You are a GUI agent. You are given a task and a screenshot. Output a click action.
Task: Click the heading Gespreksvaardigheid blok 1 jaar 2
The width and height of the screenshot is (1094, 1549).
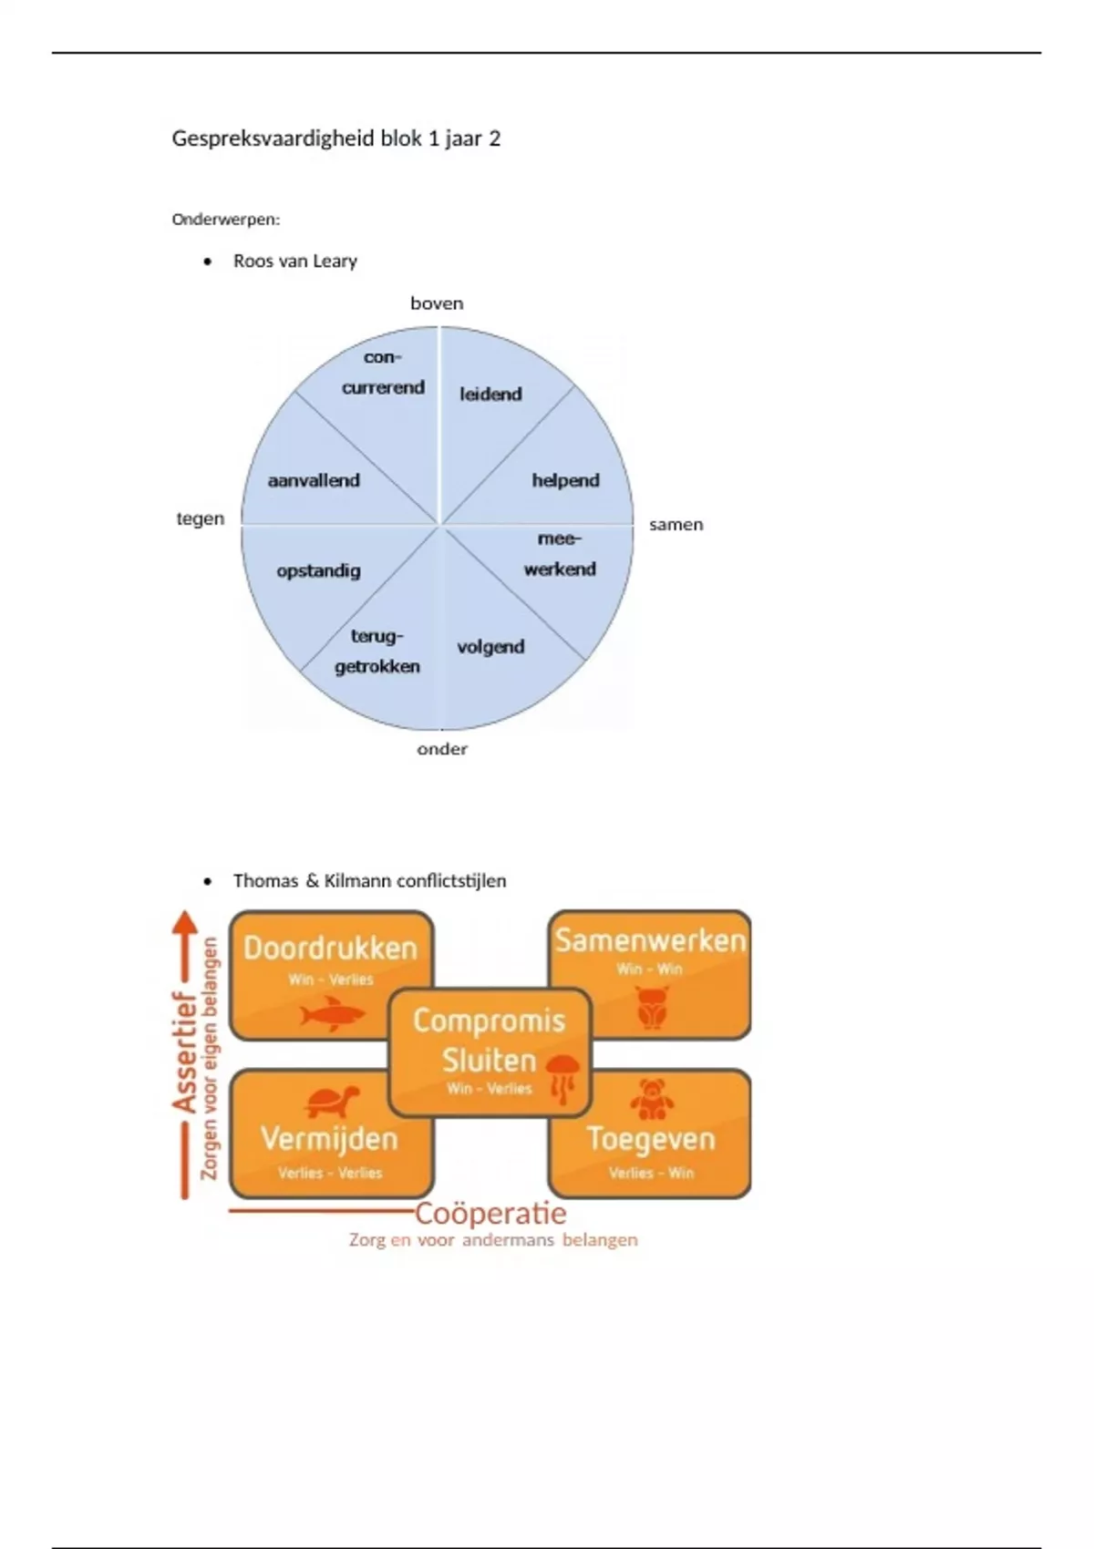[335, 138]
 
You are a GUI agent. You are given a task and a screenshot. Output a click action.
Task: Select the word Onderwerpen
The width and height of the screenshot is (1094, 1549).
[225, 220]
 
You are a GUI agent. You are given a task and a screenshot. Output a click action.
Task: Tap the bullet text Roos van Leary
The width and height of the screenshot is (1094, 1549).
[294, 262]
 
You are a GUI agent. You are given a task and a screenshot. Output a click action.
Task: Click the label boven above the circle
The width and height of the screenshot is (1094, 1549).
[437, 303]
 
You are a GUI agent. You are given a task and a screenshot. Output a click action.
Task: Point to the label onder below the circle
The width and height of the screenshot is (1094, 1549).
[442, 749]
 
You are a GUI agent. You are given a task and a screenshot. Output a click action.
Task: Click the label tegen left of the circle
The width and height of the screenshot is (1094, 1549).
[200, 518]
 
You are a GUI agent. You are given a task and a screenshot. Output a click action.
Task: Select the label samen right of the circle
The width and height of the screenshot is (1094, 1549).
[676, 525]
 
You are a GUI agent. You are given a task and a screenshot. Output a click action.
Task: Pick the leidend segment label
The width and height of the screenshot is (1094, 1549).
[490, 395]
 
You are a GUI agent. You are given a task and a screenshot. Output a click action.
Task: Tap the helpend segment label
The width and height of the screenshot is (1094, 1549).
[565, 480]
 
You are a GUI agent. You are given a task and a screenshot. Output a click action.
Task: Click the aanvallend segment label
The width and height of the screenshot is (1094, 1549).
[314, 480]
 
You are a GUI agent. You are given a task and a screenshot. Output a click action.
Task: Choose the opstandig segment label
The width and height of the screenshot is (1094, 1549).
[318, 570]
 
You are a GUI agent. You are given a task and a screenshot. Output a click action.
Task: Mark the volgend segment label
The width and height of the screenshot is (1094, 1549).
[490, 647]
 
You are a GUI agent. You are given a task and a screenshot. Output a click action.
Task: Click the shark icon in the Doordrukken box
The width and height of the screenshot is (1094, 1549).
[332, 1014]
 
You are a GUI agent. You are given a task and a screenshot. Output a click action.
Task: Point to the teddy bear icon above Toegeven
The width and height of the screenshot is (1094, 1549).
[651, 1100]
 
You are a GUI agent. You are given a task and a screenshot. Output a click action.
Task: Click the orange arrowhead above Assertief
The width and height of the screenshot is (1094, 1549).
[185, 922]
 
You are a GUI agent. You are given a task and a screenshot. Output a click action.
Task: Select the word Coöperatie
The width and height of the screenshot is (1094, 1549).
[490, 1214]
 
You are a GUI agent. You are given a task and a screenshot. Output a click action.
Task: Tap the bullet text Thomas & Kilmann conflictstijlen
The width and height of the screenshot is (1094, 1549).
[369, 881]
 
